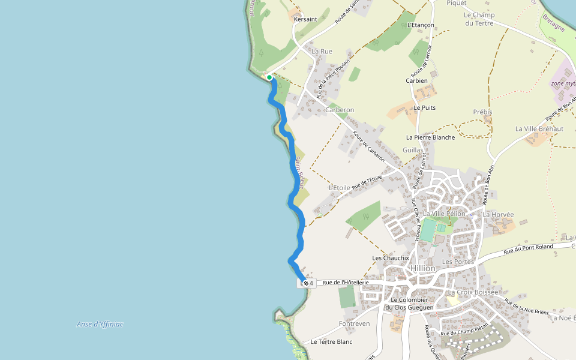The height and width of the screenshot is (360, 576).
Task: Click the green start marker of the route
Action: tap(269, 77)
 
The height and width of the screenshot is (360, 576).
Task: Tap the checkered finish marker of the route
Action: tap(305, 282)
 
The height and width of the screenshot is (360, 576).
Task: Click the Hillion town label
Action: tap(423, 268)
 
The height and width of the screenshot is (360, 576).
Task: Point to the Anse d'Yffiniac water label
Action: tap(100, 324)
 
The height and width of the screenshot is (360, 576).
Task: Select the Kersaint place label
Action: tap(305, 20)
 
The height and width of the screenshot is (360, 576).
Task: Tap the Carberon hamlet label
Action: tap(340, 110)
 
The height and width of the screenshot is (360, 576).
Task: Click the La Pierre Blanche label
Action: tap(430, 137)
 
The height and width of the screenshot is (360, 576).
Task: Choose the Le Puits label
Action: tap(425, 108)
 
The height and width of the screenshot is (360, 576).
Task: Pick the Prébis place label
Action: tap(482, 112)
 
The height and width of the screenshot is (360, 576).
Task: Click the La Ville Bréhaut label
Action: tap(539, 129)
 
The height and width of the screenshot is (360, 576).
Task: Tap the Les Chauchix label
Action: tap(390, 258)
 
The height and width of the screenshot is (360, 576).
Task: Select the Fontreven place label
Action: tap(354, 323)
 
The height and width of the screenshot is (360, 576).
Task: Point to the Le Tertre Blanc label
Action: tap(331, 341)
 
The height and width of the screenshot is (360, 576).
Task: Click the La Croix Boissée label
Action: tap(473, 292)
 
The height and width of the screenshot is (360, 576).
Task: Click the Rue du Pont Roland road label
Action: tap(528, 247)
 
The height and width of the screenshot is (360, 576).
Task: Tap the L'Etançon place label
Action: tap(420, 25)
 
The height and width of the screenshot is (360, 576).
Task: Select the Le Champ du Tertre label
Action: tap(479, 19)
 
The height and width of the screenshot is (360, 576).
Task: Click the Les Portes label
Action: tap(458, 262)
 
